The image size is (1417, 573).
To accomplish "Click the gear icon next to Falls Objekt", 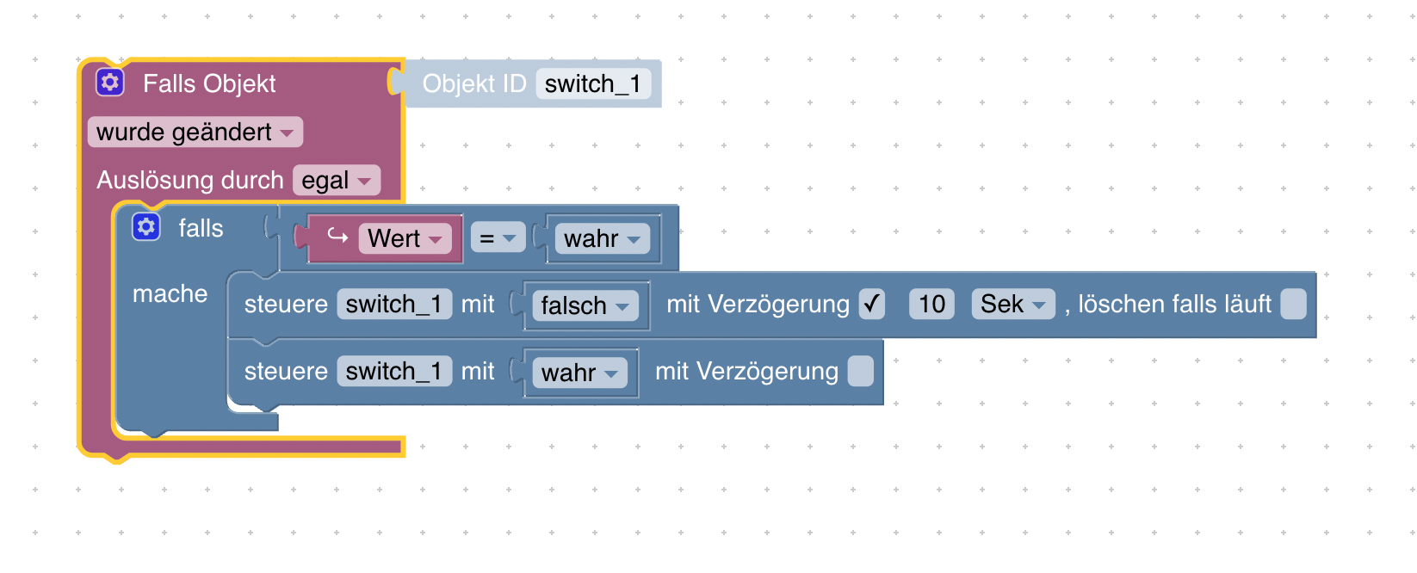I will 109,83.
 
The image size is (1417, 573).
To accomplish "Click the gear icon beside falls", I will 146,227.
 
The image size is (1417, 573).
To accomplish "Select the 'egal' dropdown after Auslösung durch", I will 337,181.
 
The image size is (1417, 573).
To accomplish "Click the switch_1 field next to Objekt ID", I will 593,84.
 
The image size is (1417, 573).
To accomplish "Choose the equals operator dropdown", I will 498,238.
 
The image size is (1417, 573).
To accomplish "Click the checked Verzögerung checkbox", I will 871,304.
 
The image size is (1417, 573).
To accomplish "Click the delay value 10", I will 931,304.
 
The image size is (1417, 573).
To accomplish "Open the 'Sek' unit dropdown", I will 1012,304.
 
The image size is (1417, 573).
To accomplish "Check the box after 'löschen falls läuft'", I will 1293,304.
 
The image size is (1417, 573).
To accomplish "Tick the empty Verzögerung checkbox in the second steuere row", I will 860,371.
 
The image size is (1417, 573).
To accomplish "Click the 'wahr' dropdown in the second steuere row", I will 579,373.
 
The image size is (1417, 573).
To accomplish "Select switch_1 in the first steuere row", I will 394,304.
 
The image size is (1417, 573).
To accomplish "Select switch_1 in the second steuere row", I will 394,371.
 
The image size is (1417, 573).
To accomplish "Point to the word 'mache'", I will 170,294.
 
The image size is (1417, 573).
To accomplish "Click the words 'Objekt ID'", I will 474,84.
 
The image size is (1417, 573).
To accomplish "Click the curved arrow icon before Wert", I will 337,237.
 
